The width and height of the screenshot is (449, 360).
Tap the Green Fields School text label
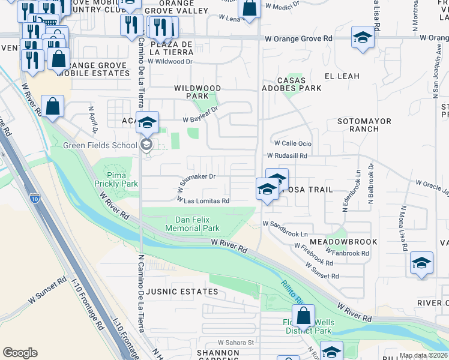[100, 145]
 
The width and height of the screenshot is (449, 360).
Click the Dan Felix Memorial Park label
[197, 224]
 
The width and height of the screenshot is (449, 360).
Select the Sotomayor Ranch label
[364, 125]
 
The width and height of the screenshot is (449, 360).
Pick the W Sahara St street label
[236, 342]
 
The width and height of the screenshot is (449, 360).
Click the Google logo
[20, 353]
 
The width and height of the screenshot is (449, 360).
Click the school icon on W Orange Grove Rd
[363, 38]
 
